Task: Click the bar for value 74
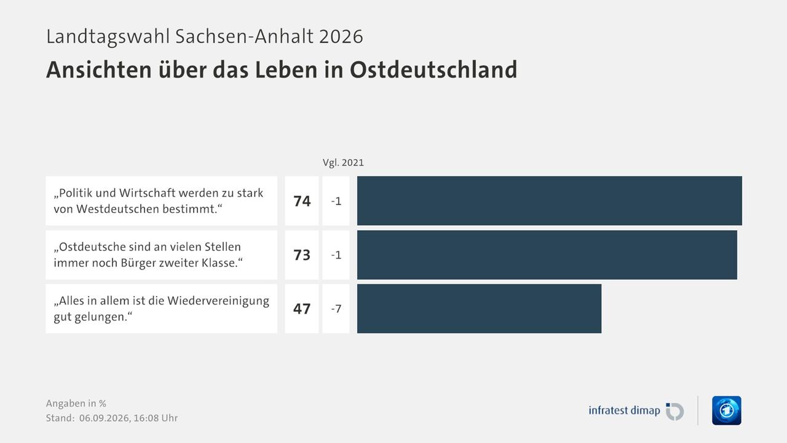pyautogui.click(x=550, y=201)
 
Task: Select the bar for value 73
pyautogui.click(x=547, y=255)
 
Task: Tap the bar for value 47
pyautogui.click(x=479, y=309)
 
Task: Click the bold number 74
pyautogui.click(x=302, y=201)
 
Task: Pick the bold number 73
pyautogui.click(x=302, y=255)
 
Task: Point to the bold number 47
pyautogui.click(x=302, y=309)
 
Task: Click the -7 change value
pyautogui.click(x=336, y=309)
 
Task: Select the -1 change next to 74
pyautogui.click(x=336, y=201)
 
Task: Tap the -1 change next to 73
pyautogui.click(x=336, y=255)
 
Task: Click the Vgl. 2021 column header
pyautogui.click(x=343, y=163)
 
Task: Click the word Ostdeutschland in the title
pyautogui.click(x=433, y=70)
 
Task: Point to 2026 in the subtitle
pyautogui.click(x=341, y=36)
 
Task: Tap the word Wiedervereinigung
pyautogui.click(x=218, y=301)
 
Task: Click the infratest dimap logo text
pyautogui.click(x=624, y=410)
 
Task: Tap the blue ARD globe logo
pyautogui.click(x=727, y=410)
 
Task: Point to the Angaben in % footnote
pyautogui.click(x=76, y=403)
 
